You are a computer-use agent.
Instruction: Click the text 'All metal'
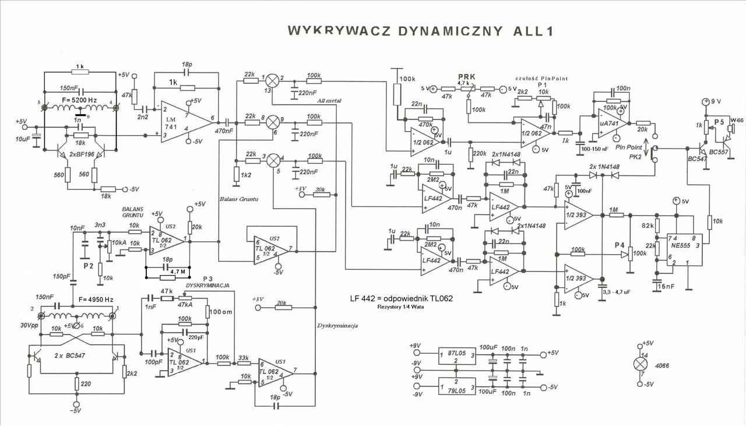click(329, 101)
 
